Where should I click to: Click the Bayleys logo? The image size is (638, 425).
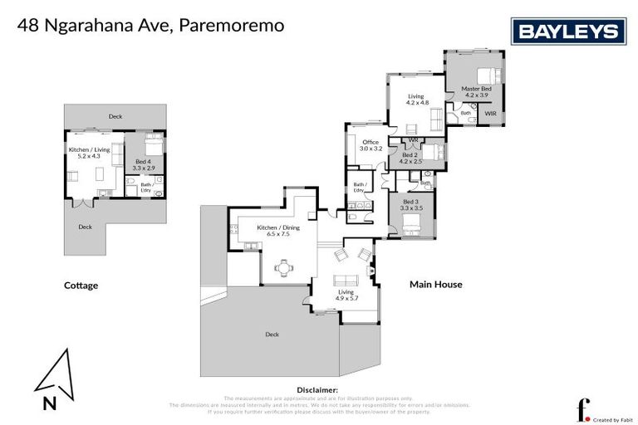click(570, 32)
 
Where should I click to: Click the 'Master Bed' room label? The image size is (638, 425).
click(476, 89)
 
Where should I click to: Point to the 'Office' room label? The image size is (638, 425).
click(371, 143)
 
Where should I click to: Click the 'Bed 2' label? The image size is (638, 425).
click(410, 154)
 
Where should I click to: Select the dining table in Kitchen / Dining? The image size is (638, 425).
click(284, 267)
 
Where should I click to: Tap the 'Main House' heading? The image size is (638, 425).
click(435, 285)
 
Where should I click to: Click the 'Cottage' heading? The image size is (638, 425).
click(81, 286)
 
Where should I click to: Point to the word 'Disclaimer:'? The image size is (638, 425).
click(317, 389)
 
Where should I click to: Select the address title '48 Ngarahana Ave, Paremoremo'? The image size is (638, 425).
click(150, 26)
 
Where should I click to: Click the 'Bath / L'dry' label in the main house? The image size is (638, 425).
click(360, 187)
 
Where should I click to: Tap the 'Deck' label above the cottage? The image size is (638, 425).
click(115, 116)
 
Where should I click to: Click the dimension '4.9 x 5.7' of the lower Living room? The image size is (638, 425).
click(345, 298)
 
